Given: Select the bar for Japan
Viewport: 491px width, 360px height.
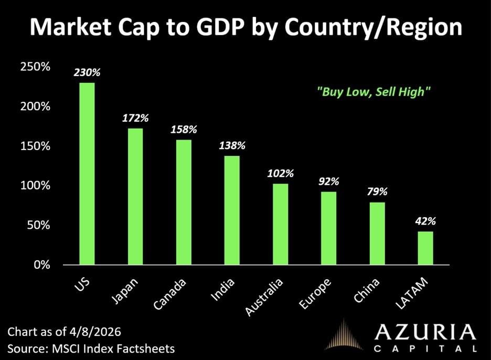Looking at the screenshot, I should (135, 196).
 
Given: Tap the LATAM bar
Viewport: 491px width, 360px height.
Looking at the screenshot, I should (426, 248).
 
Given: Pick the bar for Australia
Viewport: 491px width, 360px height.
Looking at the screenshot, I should (281, 224).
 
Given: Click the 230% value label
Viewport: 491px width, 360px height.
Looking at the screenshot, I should (87, 73).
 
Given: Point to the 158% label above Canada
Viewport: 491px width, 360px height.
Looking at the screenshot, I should (184, 129).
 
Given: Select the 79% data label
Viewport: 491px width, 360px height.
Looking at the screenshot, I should (377, 193).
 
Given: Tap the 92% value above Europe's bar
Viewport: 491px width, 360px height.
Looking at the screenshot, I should (329, 182).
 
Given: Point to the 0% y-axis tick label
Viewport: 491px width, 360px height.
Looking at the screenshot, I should (41, 265).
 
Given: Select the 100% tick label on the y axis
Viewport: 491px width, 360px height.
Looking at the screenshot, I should (35, 186).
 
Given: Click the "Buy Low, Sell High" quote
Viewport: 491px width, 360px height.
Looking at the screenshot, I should (374, 91).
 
